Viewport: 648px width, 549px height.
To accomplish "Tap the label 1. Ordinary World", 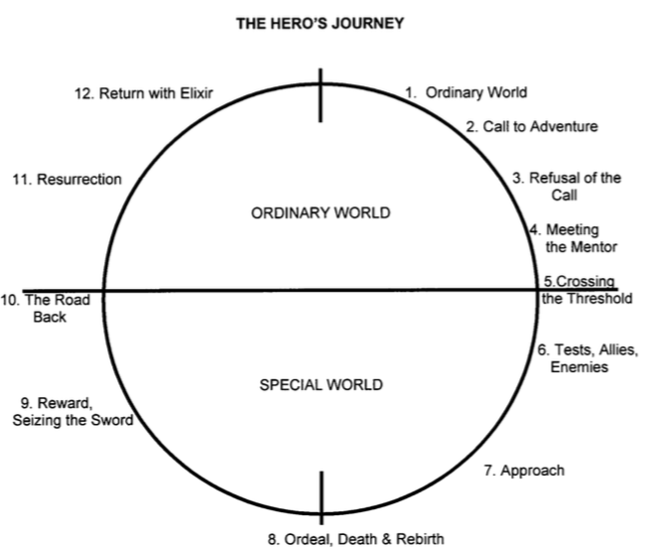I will coord(465,92).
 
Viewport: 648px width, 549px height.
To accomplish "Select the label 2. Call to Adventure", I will coord(532,127).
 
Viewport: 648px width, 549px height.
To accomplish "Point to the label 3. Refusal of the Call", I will coord(567,186).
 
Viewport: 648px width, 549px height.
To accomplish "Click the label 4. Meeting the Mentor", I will coord(575,238).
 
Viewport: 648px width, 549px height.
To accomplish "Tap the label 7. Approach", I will coord(524,470).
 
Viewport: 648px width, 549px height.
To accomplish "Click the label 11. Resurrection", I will coord(66,180).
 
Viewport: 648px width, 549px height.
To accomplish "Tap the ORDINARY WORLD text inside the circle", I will coord(321,213).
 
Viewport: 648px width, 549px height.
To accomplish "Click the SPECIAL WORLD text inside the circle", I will coord(320,383).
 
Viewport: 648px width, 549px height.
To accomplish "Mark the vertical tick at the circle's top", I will coord(321,95).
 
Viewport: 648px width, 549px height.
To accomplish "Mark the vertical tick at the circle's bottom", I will coord(321,495).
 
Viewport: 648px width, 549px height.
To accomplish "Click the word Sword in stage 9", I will coord(113,420).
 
